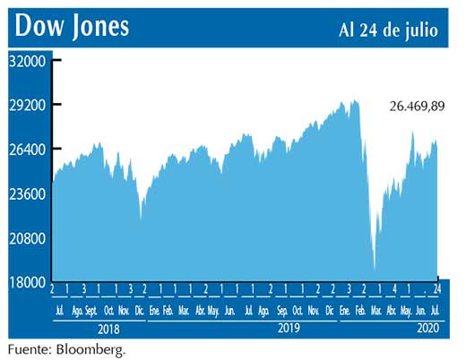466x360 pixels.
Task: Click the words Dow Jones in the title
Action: (72, 27)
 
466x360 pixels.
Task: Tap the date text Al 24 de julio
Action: (388, 30)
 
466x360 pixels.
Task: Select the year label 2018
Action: (108, 329)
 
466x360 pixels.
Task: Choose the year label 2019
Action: (286, 329)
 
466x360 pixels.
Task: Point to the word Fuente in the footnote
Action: (26, 348)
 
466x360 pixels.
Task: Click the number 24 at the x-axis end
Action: (437, 289)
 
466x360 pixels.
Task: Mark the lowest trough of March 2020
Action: (374, 266)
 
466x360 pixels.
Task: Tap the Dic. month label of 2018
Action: (140, 310)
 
